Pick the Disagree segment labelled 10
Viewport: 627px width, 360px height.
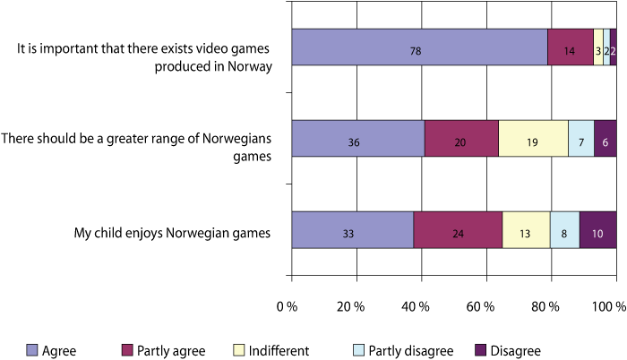(598, 235)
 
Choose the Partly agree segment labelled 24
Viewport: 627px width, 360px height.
(458, 235)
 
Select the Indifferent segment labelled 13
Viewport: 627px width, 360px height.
(526, 235)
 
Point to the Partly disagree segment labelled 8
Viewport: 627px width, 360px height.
(564, 235)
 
